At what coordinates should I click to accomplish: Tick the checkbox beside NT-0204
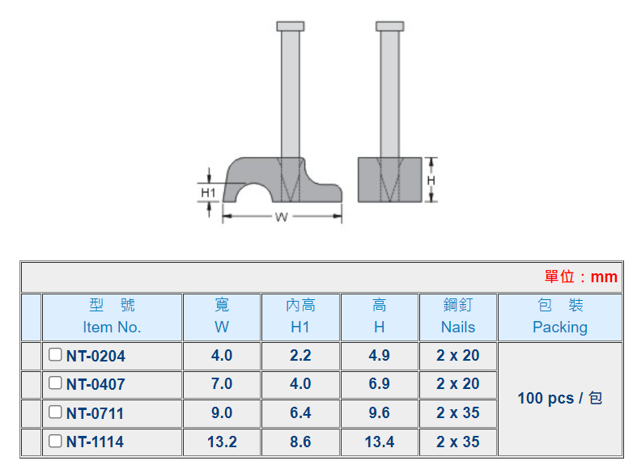click(x=55, y=355)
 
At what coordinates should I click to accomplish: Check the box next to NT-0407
click(x=55, y=383)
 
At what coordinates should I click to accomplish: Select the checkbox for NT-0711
click(x=55, y=412)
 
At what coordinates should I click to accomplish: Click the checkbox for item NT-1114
click(x=55, y=441)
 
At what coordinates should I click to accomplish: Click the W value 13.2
click(x=222, y=442)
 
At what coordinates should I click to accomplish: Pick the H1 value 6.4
click(x=300, y=413)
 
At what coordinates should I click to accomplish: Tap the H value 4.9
click(x=379, y=356)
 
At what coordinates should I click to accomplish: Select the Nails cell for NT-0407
click(x=458, y=384)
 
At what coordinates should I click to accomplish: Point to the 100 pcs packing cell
click(x=560, y=399)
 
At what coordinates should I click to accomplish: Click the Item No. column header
click(x=113, y=317)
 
